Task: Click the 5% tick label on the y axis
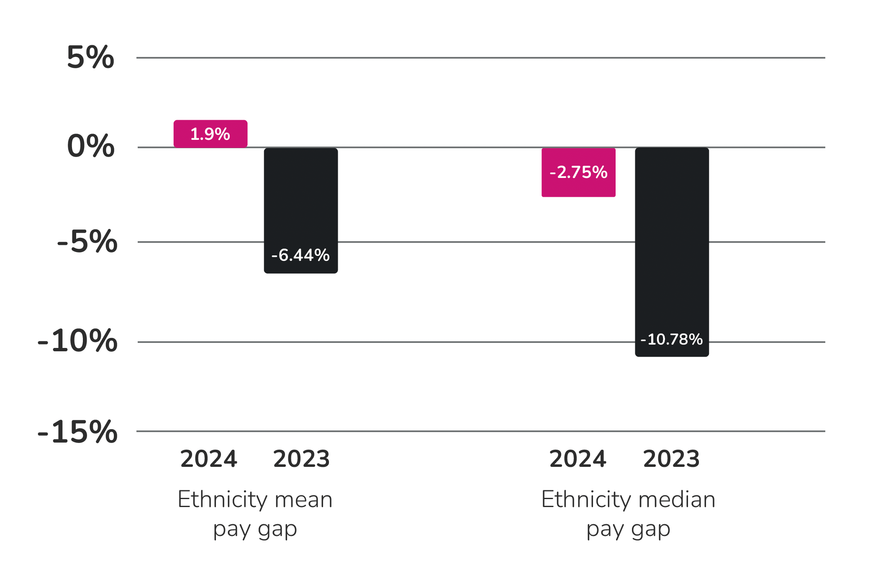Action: coord(90,57)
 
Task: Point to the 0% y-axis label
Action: coord(90,146)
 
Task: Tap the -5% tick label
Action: coord(87,242)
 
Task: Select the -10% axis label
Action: coord(77,341)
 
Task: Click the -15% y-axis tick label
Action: coord(77,432)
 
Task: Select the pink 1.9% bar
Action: coord(211,134)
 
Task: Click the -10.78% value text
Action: coord(672,339)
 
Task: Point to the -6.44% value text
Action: coord(300,255)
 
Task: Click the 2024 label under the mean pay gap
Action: coord(208,459)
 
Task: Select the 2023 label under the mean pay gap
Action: coord(301,459)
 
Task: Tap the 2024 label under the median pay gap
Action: coord(578,459)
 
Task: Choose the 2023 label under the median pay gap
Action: coord(671,459)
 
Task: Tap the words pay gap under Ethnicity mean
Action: coord(255,530)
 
